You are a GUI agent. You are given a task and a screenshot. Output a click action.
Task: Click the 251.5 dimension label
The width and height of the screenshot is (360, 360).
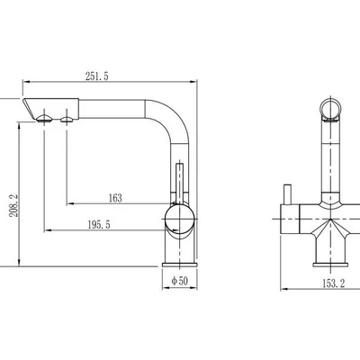pyautogui.click(x=96, y=76)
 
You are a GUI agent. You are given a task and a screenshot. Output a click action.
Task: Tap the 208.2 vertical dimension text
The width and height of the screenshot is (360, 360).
pyautogui.click(x=14, y=205)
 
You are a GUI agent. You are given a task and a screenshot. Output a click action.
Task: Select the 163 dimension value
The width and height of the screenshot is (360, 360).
pyautogui.click(x=115, y=198)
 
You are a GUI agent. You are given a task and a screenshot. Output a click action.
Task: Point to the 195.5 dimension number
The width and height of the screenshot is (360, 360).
pyautogui.click(x=99, y=224)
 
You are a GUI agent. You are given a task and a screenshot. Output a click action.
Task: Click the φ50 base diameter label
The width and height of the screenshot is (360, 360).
pyautogui.click(x=179, y=281)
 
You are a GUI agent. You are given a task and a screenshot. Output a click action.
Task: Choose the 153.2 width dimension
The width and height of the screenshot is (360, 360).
pyautogui.click(x=334, y=283)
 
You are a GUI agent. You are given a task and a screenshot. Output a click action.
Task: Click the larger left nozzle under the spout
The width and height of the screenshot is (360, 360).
pyautogui.click(x=44, y=119)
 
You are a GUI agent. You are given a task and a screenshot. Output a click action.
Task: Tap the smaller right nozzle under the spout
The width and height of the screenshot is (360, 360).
pyautogui.click(x=67, y=120)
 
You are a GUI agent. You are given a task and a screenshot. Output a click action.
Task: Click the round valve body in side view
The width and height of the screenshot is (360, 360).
pyautogui.click(x=179, y=219)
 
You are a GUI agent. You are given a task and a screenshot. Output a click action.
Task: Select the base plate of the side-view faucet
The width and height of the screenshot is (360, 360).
pyautogui.click(x=180, y=265)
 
